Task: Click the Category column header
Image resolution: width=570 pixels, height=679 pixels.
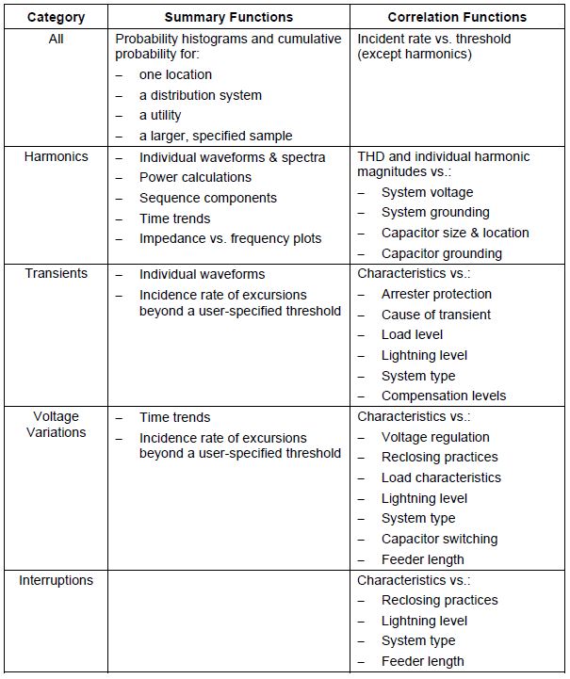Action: coord(56,17)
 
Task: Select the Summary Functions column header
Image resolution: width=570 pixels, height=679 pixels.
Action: coord(229,17)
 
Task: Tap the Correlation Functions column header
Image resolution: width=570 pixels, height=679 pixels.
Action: coord(457,17)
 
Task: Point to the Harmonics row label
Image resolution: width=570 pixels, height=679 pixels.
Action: coord(56,156)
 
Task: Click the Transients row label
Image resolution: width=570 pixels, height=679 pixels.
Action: coord(56,273)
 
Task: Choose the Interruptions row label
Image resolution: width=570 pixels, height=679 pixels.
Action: coord(56,580)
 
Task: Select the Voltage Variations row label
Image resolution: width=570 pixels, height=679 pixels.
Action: coord(56,425)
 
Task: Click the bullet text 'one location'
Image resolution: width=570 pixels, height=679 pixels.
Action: coord(175,74)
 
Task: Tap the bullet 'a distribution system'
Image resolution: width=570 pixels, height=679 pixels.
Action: coord(200,95)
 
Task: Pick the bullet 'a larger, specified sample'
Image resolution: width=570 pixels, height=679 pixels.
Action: coord(216,136)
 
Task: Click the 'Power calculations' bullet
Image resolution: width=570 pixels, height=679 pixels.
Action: coord(195,177)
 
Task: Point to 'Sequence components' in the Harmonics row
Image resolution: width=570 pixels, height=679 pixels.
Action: coord(207,198)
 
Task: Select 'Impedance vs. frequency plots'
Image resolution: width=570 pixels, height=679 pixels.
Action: coord(230,238)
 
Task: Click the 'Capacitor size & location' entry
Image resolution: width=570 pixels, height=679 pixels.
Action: coord(455,233)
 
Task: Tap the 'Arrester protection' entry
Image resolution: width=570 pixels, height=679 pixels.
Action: coord(436,294)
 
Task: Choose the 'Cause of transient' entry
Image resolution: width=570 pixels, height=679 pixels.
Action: coord(435,315)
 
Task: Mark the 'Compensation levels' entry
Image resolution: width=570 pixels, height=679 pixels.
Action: coord(443,396)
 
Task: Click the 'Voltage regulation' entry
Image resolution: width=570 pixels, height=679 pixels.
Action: coord(435,437)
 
